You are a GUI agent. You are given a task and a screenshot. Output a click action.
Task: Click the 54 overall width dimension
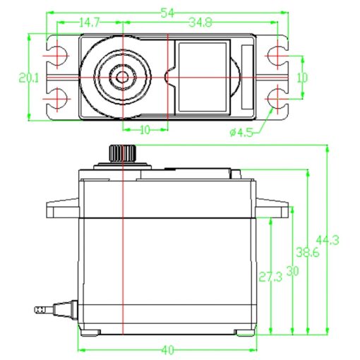point(167,13)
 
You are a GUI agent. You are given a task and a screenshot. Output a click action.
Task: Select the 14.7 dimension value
point(89,23)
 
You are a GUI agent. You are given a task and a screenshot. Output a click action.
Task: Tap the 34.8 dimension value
point(200,23)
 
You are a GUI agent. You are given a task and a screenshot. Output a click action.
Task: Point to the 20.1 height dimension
point(28,78)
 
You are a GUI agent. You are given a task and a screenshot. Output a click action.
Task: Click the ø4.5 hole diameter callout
point(241,133)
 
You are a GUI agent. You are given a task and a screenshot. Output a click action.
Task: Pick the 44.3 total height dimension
point(328,240)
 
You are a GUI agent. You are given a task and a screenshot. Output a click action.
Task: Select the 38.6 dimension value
point(308,253)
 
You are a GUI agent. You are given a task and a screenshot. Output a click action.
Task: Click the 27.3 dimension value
point(270,277)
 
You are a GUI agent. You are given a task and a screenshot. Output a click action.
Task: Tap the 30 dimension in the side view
point(292,271)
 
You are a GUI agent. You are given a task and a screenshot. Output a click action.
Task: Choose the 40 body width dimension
point(167,350)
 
